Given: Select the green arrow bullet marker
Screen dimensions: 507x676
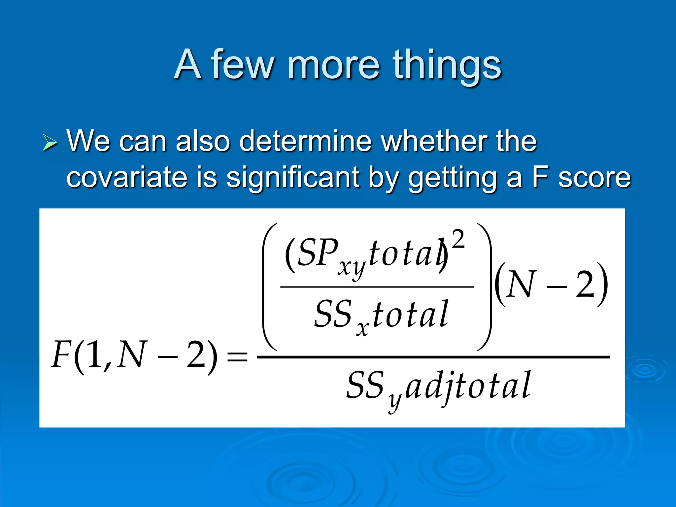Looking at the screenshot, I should [50, 143].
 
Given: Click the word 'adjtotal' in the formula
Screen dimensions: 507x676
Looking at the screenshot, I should [468, 386].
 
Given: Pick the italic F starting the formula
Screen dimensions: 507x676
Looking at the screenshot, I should [61, 355].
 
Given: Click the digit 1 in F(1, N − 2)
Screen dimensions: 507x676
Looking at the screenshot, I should [94, 355].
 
